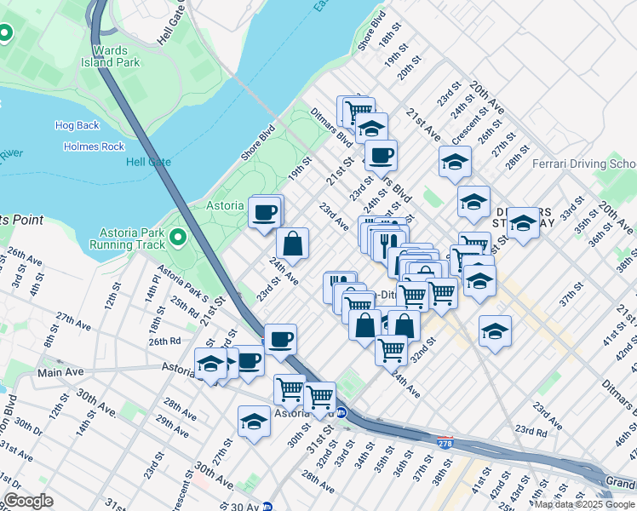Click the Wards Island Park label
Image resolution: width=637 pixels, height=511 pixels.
pyautogui.click(x=110, y=55)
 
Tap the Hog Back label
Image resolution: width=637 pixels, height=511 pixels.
pyautogui.click(x=77, y=125)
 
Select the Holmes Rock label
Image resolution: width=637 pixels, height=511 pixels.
pyautogui.click(x=94, y=146)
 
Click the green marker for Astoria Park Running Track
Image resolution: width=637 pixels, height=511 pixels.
pyautogui.click(x=178, y=236)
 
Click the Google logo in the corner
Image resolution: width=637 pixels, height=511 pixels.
pyautogui.click(x=28, y=501)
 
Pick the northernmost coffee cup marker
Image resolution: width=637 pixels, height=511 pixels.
pyautogui.click(x=381, y=156)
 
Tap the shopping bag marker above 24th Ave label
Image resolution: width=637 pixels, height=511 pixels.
pyautogui.click(x=292, y=244)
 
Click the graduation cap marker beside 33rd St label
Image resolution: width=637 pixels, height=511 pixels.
pyautogui.click(x=523, y=223)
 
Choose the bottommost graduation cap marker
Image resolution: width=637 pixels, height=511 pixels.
pyautogui.click(x=254, y=422)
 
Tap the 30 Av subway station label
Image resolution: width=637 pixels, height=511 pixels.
pyautogui.click(x=284, y=505)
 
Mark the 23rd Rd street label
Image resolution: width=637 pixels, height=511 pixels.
pyautogui.click(x=529, y=431)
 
